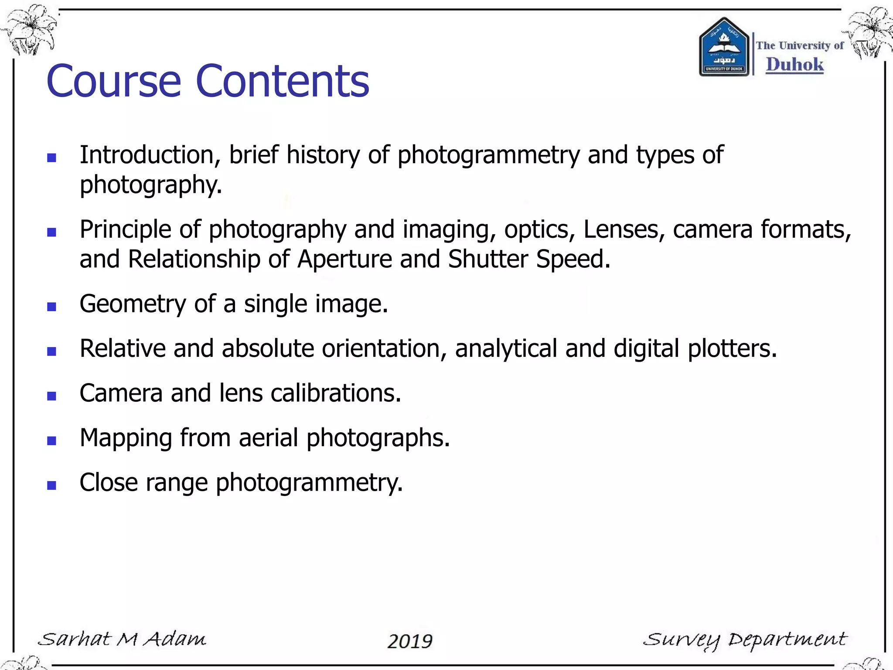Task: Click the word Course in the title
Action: tap(113, 81)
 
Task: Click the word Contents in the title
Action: tap(283, 81)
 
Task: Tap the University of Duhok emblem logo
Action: tap(724, 48)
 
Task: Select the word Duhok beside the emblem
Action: tap(794, 65)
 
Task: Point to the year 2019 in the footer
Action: tap(410, 641)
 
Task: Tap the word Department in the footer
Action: tap(787, 640)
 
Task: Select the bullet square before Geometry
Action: tap(52, 307)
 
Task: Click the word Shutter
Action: tap(488, 259)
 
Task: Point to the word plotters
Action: tap(732, 349)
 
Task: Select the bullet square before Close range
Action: tap(52, 485)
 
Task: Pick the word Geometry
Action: tap(133, 304)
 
